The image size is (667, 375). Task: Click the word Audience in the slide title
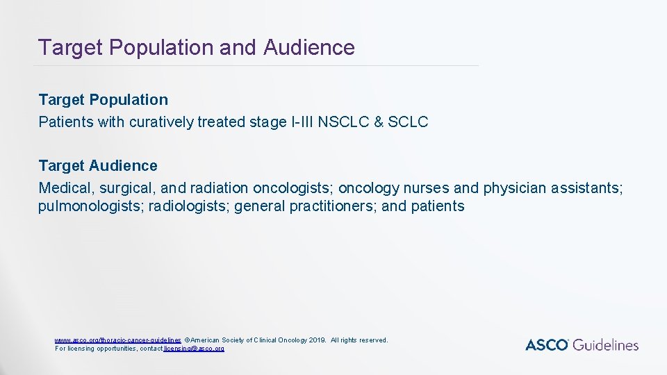click(x=309, y=47)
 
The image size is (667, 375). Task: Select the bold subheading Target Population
click(x=103, y=100)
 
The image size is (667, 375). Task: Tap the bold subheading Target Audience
click(x=98, y=166)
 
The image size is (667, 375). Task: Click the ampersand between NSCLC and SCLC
click(x=379, y=122)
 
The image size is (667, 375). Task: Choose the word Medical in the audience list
click(x=66, y=188)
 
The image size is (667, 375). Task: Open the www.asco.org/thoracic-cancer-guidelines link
click(x=118, y=340)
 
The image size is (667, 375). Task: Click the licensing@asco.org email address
click(x=194, y=348)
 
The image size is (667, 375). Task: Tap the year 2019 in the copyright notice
click(x=317, y=340)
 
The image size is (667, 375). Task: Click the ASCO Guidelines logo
click(x=582, y=344)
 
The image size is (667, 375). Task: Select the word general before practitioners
click(x=261, y=206)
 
